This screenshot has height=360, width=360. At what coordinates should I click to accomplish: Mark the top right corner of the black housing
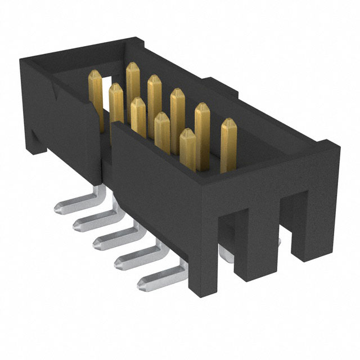coord(338,145)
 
